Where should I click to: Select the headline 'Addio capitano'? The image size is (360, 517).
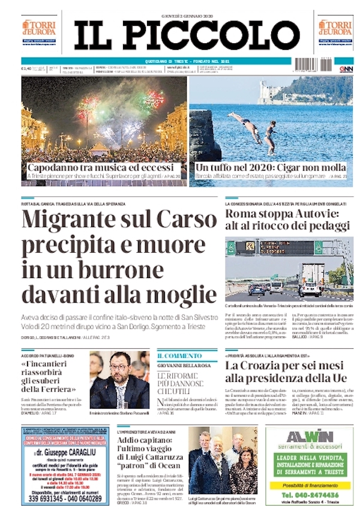[148, 441]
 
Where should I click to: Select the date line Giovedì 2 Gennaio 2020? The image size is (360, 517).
[187, 15]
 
